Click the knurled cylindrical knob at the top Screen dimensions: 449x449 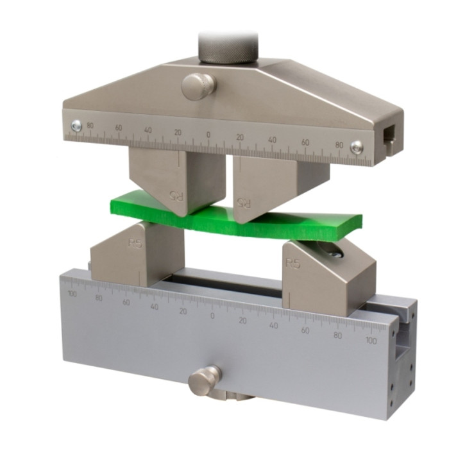(x=227, y=47)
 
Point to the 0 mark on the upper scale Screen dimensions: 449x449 (x=208, y=135)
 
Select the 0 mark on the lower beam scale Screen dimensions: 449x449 (x=212, y=315)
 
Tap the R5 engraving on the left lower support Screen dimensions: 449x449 (x=135, y=244)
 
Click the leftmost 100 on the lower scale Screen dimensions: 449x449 (x=71, y=293)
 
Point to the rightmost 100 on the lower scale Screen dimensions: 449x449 (x=371, y=341)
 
